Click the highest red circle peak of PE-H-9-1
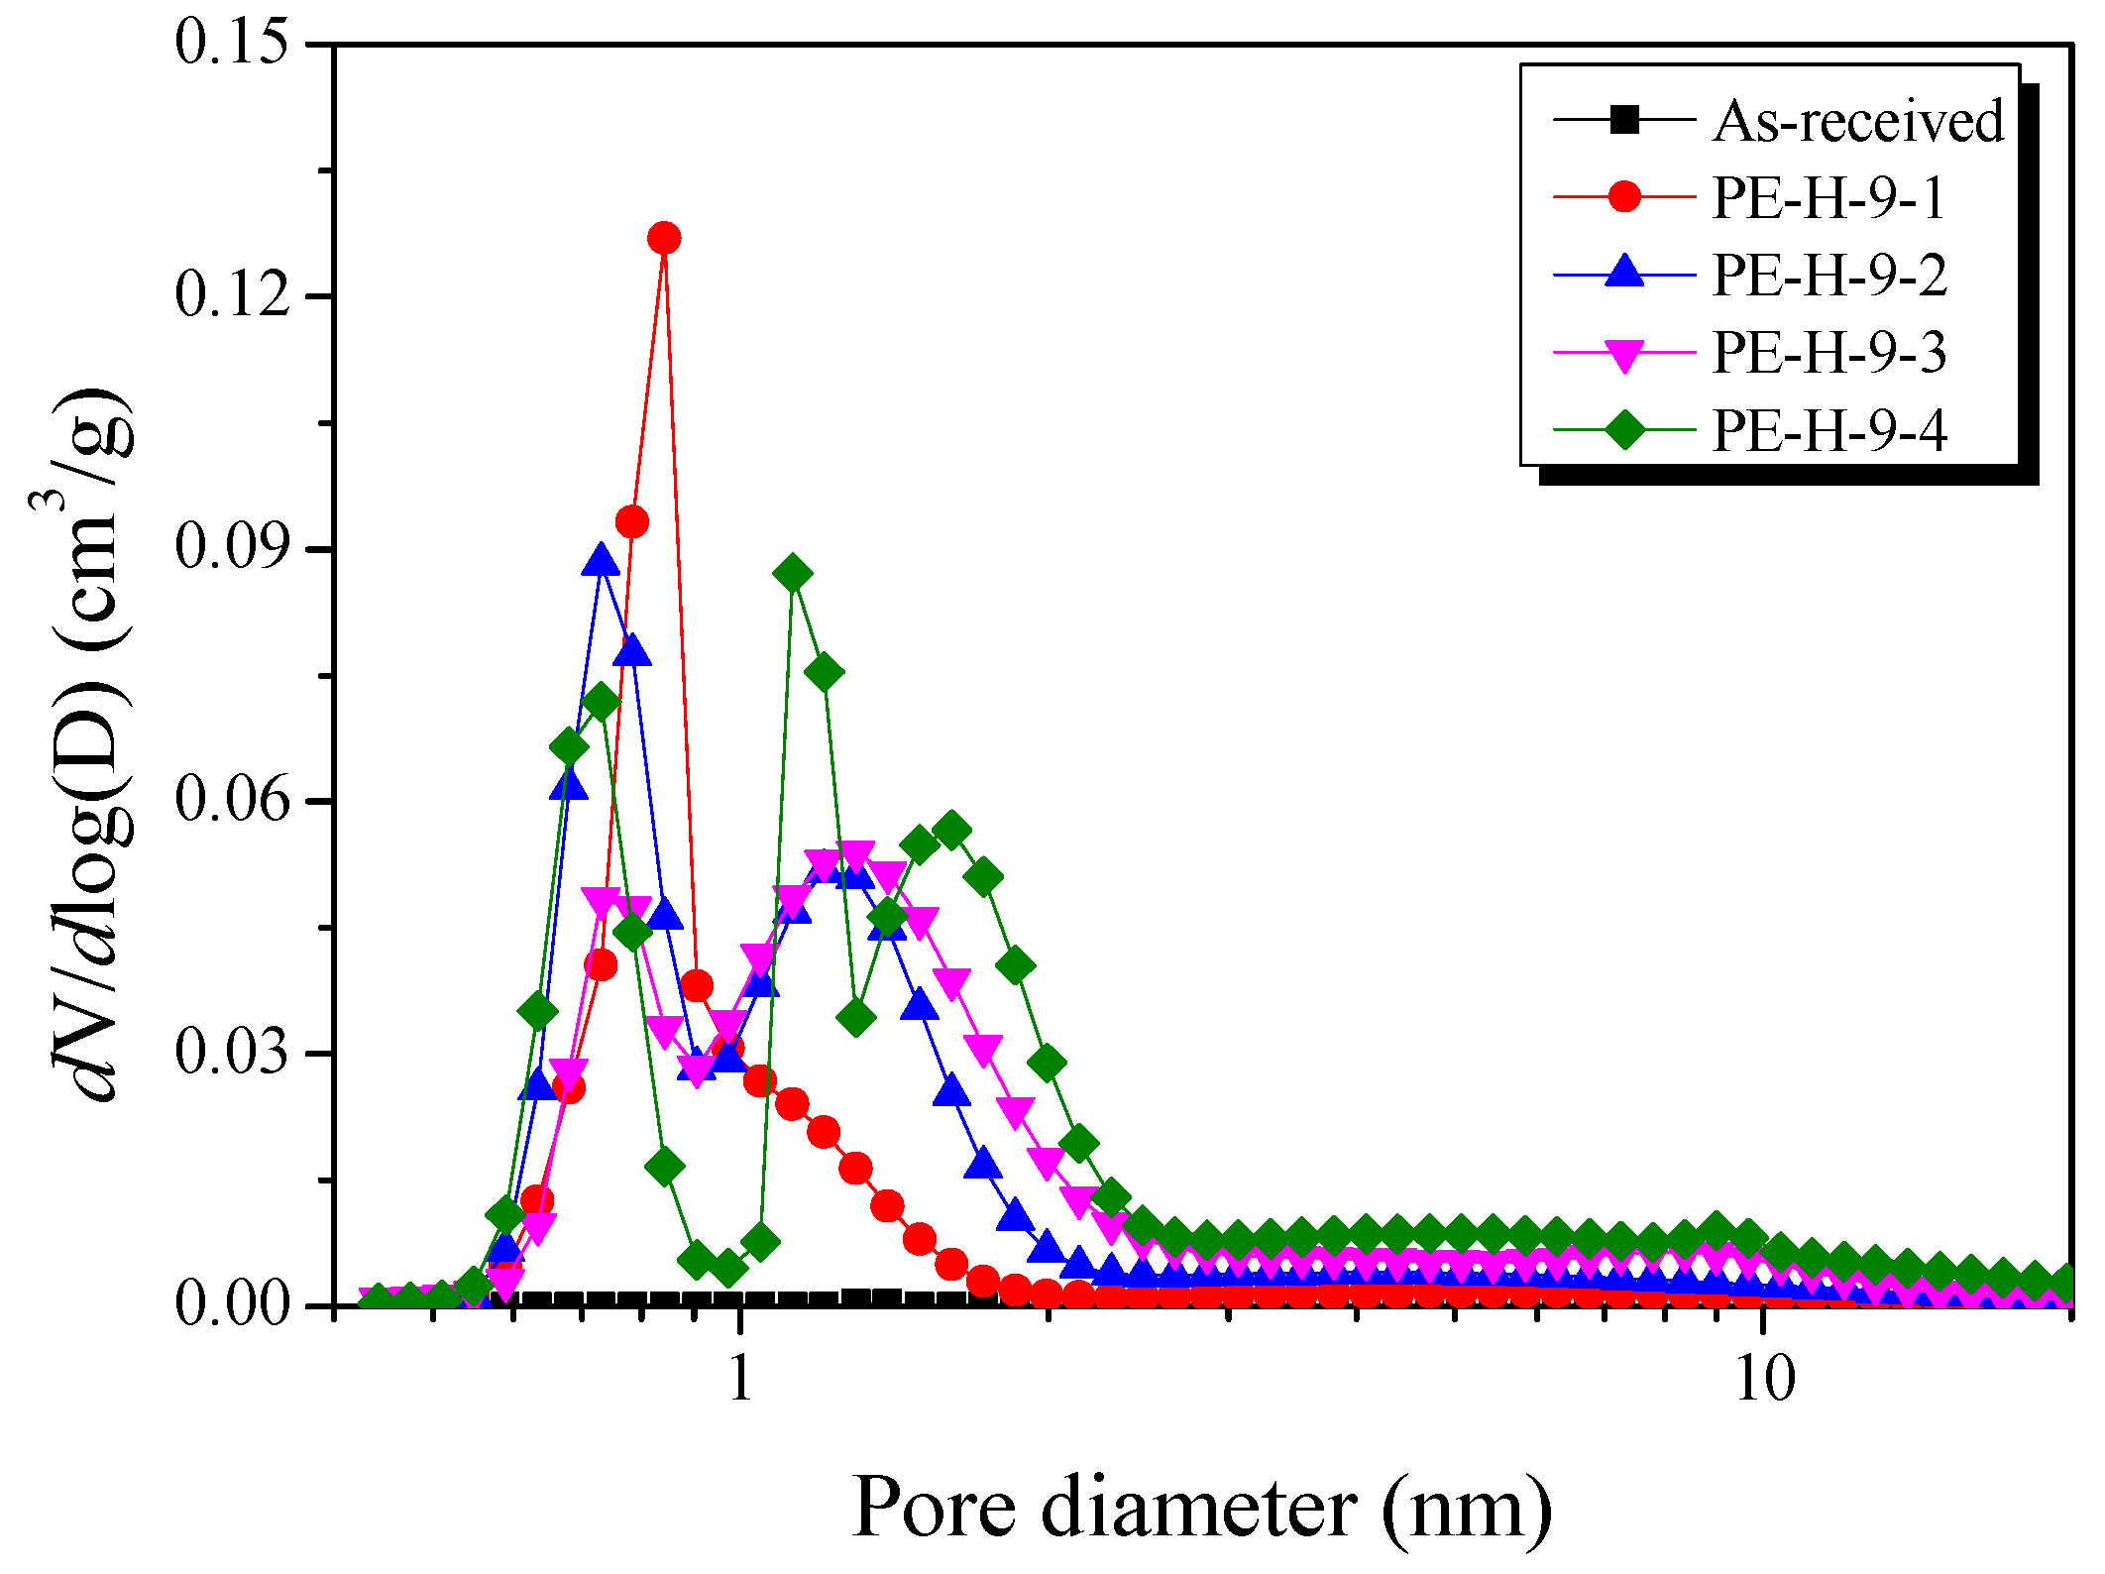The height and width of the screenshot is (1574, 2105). click(x=664, y=238)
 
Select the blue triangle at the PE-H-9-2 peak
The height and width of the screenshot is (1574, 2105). click(x=601, y=561)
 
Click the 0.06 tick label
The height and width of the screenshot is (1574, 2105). click(x=232, y=799)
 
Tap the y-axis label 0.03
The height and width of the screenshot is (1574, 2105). click(x=232, y=1051)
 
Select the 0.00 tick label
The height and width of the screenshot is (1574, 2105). click(x=232, y=1303)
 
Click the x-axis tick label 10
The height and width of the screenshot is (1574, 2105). click(x=1764, y=1378)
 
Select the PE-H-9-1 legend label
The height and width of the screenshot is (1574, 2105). click(x=1828, y=197)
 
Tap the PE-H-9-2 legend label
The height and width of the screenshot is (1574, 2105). click(x=1828, y=275)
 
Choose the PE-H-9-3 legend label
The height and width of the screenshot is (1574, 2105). click(x=1828, y=352)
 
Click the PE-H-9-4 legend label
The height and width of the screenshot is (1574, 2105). click(x=1828, y=429)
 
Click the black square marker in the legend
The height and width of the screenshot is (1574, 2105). click(x=1624, y=120)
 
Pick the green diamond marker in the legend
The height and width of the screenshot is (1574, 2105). click(x=1624, y=429)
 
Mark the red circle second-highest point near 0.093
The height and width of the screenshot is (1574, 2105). click(x=632, y=521)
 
